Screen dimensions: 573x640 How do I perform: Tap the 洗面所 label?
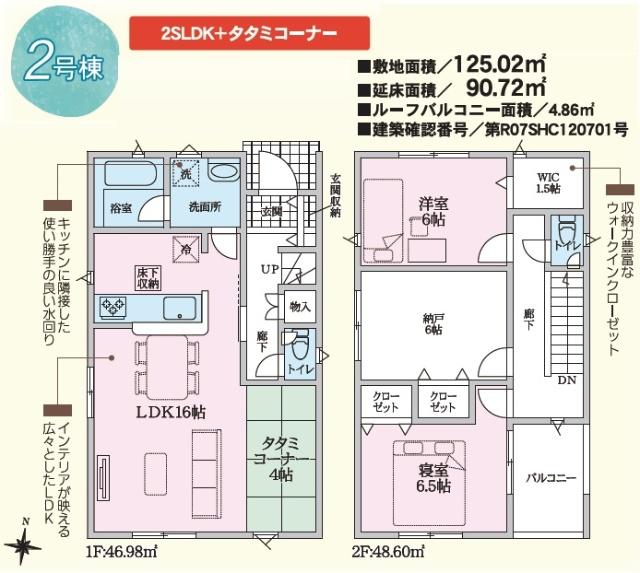point(205,209)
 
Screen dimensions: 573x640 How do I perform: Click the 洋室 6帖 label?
point(432,211)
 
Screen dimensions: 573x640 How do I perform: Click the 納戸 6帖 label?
point(432,323)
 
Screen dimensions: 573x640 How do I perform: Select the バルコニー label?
point(551,479)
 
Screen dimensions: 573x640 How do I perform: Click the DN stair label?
point(565,380)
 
